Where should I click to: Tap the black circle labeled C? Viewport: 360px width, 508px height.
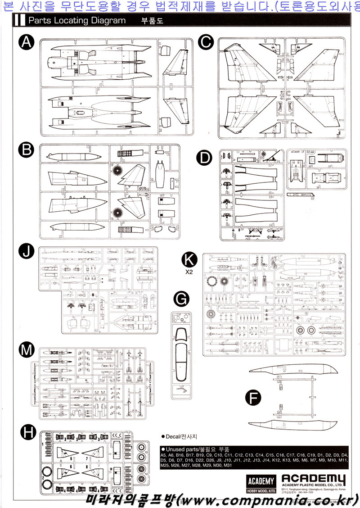click(205, 42)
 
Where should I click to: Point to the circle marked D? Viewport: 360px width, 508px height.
click(205, 158)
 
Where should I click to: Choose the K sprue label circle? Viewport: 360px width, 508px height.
click(189, 259)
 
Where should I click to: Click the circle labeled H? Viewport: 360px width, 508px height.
click(28, 433)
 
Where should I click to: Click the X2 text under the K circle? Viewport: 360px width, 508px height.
click(189, 272)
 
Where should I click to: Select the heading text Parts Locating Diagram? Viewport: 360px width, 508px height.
click(76, 21)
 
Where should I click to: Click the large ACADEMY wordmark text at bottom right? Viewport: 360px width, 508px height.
click(314, 479)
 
